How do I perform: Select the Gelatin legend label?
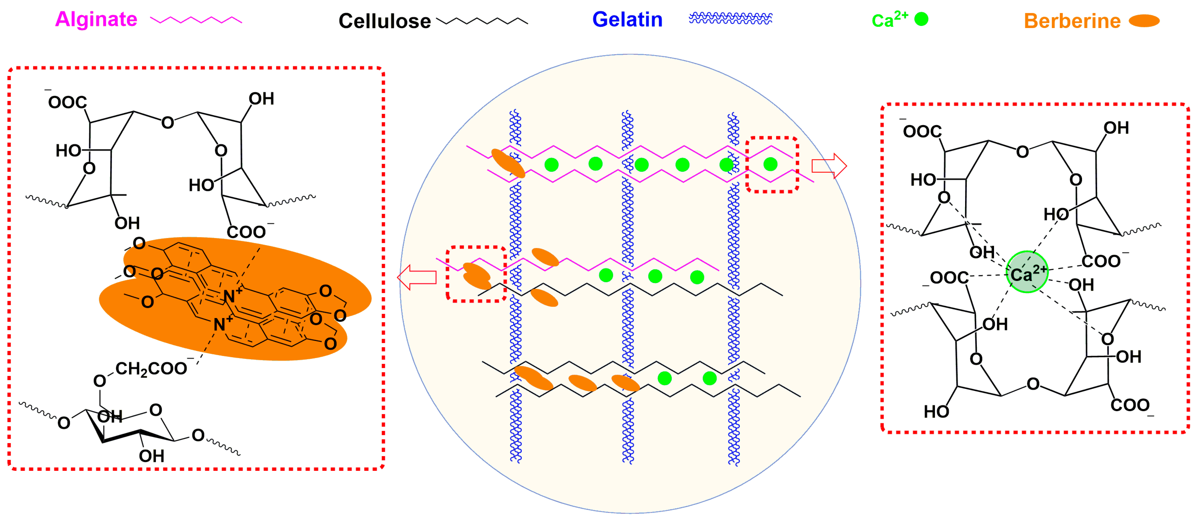(627, 20)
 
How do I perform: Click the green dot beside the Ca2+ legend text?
(921, 19)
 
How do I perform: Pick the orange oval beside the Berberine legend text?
(1144, 21)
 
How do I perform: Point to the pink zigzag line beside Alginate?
(196, 20)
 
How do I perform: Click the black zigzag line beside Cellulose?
(482, 21)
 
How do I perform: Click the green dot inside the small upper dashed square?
(770, 164)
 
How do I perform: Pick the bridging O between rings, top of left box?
(168, 123)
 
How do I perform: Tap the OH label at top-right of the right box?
(1116, 128)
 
